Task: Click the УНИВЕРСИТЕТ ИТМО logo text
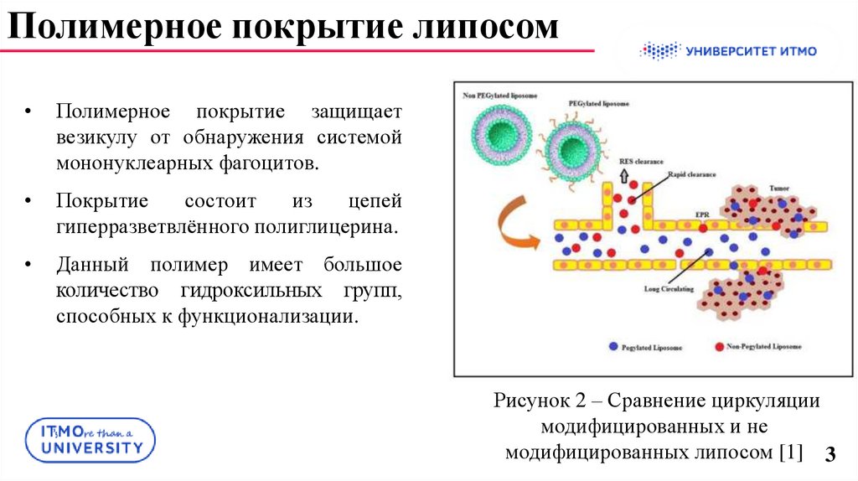[x=750, y=51]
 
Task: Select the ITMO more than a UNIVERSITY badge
[x=91, y=440]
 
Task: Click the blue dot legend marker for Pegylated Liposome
[x=613, y=345]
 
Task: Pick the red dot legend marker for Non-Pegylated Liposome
[x=719, y=345]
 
